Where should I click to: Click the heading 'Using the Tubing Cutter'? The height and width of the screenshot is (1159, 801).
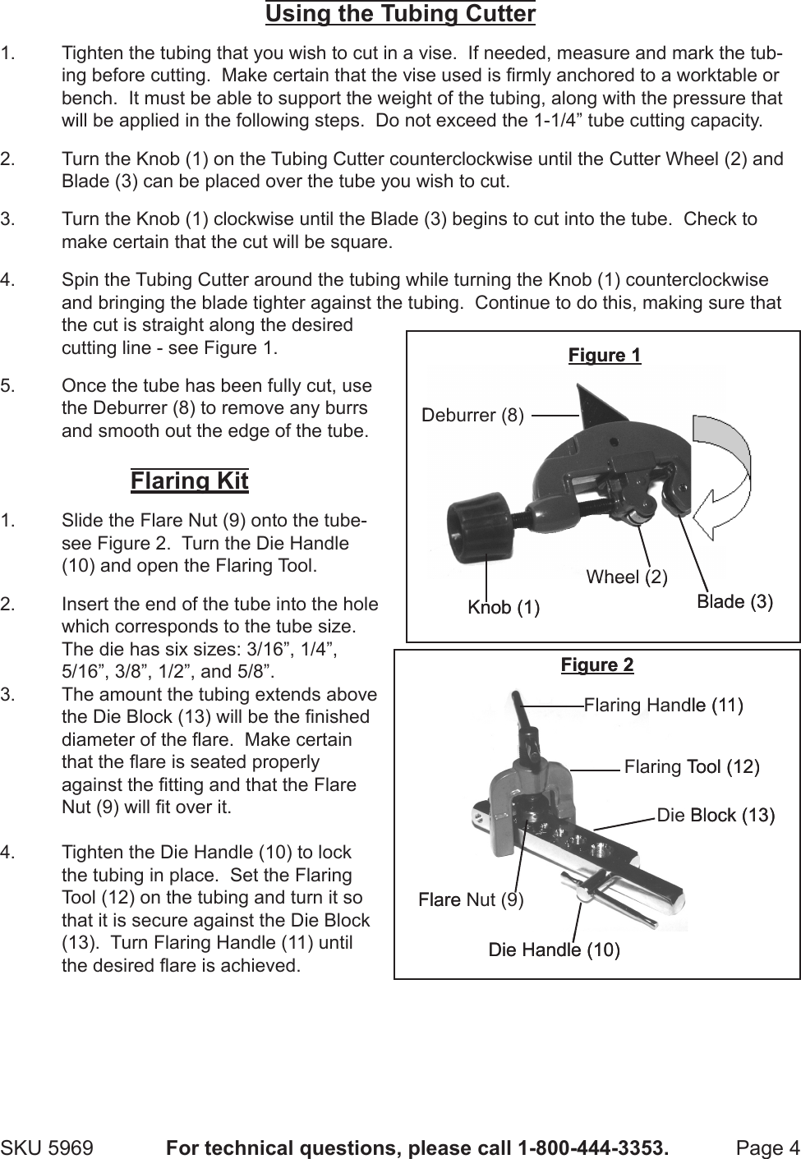pos(400,14)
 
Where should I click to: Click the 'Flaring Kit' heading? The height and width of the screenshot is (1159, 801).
pos(189,481)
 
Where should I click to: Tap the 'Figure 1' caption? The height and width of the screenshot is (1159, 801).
pos(604,355)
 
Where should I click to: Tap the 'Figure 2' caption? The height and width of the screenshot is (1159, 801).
pos(597,665)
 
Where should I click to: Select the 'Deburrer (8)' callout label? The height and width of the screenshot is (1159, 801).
pos(472,416)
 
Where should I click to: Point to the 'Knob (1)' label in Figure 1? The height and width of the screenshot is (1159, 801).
pos(503,607)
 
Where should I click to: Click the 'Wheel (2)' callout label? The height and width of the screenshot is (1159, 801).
pos(627,577)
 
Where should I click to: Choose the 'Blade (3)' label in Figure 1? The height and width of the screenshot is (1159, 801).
pos(734,601)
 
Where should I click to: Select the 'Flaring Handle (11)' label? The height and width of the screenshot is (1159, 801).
pos(663,705)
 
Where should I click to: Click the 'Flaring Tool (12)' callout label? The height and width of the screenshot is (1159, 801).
pos(691,767)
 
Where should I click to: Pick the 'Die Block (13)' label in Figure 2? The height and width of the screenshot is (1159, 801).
pos(716,815)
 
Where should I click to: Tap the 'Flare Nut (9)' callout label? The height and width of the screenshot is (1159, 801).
pos(471,899)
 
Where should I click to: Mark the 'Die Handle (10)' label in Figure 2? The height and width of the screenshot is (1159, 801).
pos(554,950)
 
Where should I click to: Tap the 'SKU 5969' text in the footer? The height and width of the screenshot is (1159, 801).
pos(47,1147)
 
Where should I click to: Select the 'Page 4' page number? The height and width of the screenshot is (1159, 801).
pos(767,1147)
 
